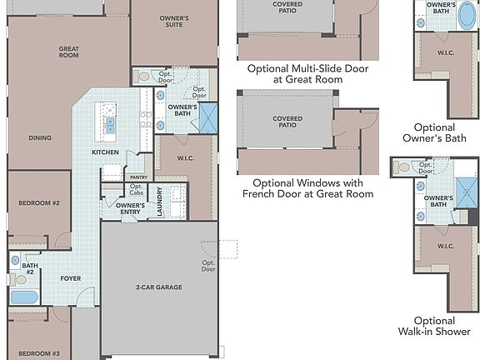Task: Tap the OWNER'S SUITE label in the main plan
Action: tap(173, 22)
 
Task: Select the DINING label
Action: tap(39, 138)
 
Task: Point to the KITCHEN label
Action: tap(105, 152)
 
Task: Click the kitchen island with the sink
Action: tap(109, 122)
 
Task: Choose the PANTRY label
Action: tap(137, 177)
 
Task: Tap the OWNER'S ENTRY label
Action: tap(130, 208)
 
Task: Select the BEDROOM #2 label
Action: tap(38, 203)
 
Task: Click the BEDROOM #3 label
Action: tap(38, 353)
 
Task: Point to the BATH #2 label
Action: tap(27, 269)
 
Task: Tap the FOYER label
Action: tap(71, 278)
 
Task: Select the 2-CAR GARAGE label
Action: tap(158, 287)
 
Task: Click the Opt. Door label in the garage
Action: tap(208, 267)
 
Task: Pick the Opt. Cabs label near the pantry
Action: tap(136, 189)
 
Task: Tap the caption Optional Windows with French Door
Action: tap(307, 188)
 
